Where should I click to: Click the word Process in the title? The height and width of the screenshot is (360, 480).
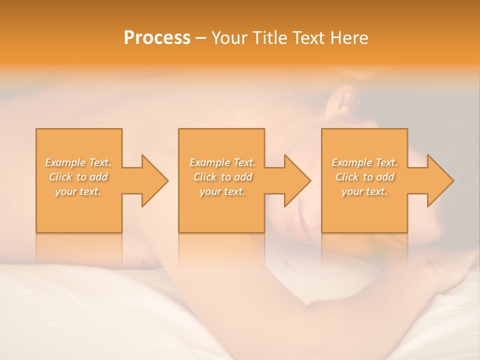click(157, 38)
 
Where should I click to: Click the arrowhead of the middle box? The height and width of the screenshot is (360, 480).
click(296, 180)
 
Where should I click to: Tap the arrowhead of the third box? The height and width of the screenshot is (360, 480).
click(439, 180)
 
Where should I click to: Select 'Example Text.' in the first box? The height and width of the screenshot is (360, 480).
click(78, 162)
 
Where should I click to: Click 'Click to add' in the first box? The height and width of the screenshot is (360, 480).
click(78, 177)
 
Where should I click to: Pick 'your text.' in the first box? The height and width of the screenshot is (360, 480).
click(78, 191)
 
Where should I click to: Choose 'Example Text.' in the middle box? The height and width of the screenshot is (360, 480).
click(222, 162)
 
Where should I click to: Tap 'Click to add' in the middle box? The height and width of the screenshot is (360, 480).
click(222, 177)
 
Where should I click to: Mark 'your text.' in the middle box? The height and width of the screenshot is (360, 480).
click(222, 191)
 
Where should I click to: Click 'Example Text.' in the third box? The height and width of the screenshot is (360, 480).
click(364, 162)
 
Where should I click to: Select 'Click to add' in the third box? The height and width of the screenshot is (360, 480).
click(364, 177)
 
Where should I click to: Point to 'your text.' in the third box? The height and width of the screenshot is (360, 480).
click(364, 191)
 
